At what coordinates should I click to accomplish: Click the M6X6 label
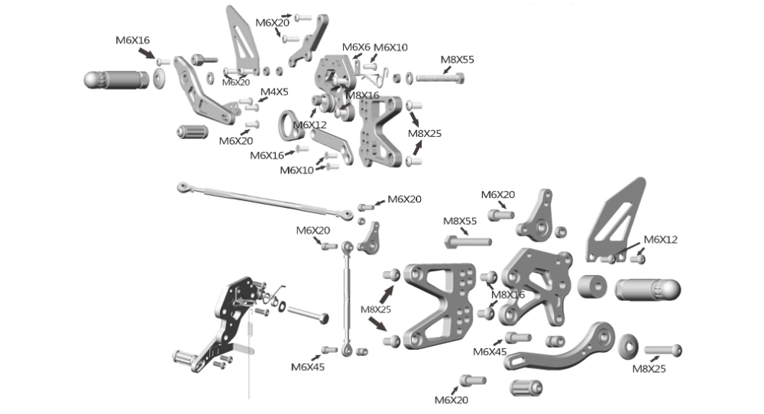point(356,47)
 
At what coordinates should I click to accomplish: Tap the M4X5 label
point(274,92)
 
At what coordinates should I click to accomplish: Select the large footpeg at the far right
point(647,289)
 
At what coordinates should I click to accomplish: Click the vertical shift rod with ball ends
point(347,298)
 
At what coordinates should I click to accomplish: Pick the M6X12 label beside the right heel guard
point(660,239)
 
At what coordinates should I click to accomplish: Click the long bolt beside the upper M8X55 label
point(439,77)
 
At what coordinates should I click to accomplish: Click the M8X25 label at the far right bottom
point(649,368)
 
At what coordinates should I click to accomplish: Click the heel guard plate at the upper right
point(617,218)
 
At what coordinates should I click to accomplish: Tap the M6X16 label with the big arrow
point(133,40)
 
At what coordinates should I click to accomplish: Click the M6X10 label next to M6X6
point(390,47)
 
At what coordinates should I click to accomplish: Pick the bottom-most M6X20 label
point(451,399)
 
